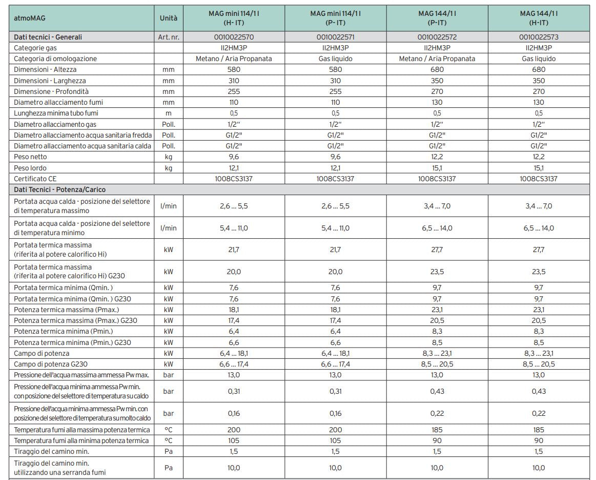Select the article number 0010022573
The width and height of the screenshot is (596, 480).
click(539, 37)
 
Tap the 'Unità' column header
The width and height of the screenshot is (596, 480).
click(168, 18)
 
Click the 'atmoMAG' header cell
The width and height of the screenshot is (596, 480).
click(31, 18)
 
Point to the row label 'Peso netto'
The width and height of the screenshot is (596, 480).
click(30, 157)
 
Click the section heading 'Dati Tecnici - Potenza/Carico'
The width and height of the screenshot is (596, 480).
click(60, 189)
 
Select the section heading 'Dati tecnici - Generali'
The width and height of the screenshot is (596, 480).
click(48, 37)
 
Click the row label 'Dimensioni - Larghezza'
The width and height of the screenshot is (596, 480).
click(50, 81)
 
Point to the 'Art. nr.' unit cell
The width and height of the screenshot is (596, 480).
click(168, 37)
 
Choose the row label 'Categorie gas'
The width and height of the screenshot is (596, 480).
click(35, 48)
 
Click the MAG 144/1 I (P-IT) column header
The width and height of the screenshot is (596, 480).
click(437, 18)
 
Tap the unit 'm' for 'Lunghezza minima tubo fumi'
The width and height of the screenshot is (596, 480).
click(168, 113)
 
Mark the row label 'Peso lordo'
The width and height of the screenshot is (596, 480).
click(30, 168)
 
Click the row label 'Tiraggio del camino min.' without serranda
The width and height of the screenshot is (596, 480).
click(51, 451)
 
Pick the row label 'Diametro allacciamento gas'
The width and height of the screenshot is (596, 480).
click(55, 124)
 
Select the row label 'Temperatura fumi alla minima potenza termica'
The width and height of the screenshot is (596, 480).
click(81, 440)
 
